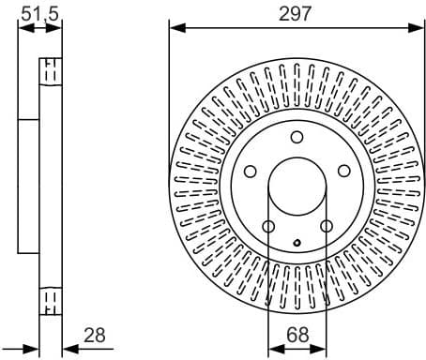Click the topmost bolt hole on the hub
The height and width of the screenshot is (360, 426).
(x=297, y=137)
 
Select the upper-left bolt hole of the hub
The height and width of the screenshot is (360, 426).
(x=251, y=171)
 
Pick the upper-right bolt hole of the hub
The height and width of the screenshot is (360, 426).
(x=343, y=171)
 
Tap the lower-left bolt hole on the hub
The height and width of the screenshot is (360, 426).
(x=268, y=226)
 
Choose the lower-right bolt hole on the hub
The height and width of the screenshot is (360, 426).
(x=326, y=226)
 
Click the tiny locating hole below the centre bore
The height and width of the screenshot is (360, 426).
(x=297, y=244)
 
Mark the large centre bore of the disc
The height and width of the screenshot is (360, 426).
(x=297, y=187)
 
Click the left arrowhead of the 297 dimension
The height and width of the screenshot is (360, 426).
(x=175, y=27)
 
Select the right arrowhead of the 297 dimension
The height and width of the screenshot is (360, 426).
(x=418, y=27)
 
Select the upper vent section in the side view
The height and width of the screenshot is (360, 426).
(x=50, y=72)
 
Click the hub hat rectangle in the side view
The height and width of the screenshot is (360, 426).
(x=28, y=187)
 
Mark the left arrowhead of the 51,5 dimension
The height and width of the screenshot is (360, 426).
(x=23, y=27)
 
